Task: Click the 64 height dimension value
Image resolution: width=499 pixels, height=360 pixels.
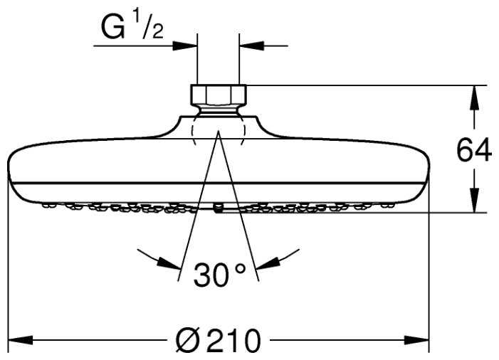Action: [474, 151]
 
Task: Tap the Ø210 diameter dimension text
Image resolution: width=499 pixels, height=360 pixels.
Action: [219, 340]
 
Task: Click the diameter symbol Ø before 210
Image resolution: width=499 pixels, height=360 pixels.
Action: [187, 340]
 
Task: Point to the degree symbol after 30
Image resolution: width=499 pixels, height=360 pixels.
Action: [240, 269]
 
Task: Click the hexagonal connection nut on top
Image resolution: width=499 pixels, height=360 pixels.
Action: [219, 95]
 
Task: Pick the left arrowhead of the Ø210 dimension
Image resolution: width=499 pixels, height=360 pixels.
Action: [21, 340]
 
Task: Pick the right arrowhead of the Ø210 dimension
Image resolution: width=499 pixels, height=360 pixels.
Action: [416, 340]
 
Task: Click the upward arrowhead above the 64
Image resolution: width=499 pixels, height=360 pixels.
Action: [474, 98]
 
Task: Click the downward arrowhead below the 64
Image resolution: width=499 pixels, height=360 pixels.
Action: [474, 200]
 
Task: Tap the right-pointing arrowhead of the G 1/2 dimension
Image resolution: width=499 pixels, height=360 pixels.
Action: [185, 46]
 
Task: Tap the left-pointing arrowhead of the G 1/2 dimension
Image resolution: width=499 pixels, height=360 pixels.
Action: [252, 46]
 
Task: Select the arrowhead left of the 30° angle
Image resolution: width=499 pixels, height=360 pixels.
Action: [169, 264]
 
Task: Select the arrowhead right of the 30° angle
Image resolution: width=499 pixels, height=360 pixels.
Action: [268, 264]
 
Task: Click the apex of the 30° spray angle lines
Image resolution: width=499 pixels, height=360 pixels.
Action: [219, 131]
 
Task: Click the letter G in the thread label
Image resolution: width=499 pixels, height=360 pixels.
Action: [112, 28]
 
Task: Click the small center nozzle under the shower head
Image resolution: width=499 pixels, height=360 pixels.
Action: [219, 208]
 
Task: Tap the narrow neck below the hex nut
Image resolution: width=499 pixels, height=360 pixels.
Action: [219, 110]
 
